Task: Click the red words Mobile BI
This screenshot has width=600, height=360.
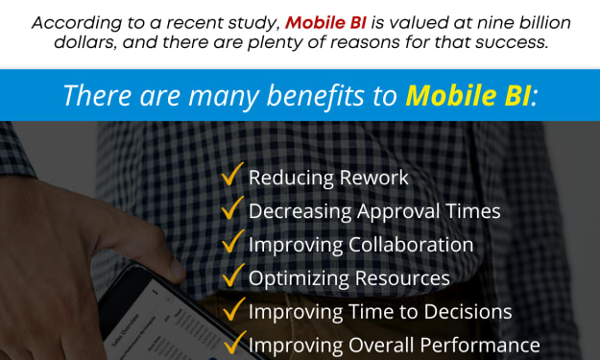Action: click(325, 23)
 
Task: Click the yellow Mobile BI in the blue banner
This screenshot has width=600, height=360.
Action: click(468, 95)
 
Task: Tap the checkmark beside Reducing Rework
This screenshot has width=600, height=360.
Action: click(232, 174)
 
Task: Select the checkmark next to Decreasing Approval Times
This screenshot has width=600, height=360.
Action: click(232, 207)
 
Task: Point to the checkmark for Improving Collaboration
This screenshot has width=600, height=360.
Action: click(232, 241)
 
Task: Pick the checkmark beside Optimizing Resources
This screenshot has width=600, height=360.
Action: click(232, 275)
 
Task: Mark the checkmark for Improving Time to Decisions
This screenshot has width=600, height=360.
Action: click(233, 308)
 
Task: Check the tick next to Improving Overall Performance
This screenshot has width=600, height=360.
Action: click(234, 342)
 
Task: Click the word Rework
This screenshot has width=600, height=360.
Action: click(373, 178)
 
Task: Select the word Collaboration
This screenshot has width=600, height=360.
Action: click(411, 245)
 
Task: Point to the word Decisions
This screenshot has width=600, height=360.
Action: click(468, 312)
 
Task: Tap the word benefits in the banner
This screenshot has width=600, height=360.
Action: click(315, 95)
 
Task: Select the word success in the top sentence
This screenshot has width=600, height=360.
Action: click(512, 42)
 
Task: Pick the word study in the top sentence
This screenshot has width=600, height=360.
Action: click(254, 24)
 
